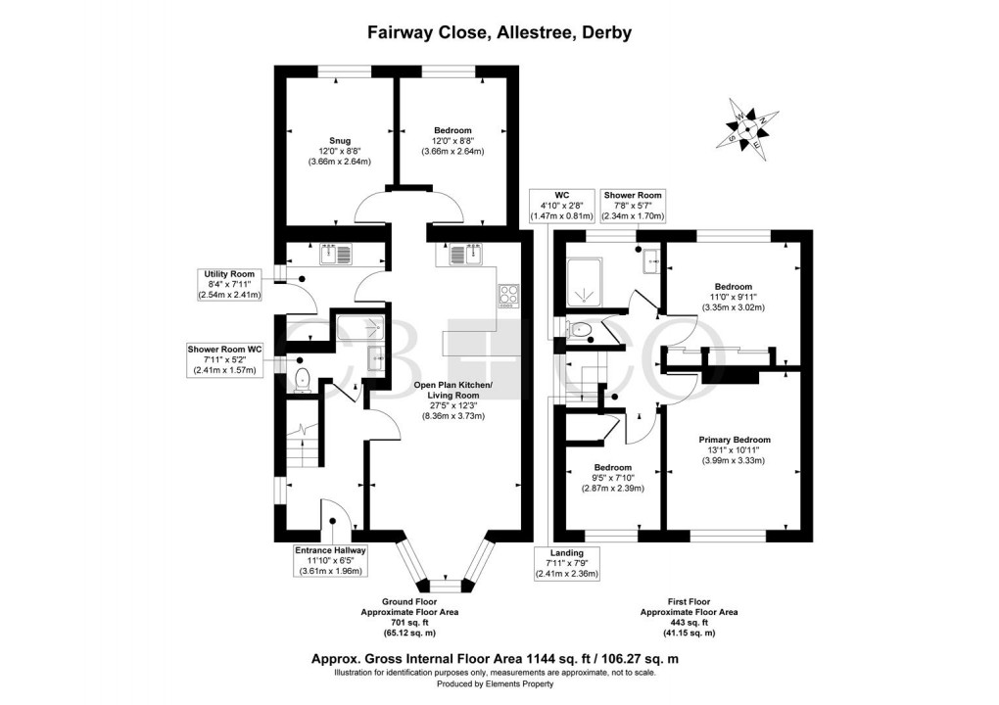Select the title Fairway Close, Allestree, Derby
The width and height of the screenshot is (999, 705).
(499, 32)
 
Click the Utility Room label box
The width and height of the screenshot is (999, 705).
(229, 283)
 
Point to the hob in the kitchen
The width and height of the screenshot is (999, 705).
(509, 295)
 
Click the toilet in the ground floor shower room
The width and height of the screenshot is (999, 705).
(301, 379)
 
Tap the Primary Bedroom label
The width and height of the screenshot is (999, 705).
(734, 449)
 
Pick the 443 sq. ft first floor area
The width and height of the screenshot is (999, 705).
(689, 622)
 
